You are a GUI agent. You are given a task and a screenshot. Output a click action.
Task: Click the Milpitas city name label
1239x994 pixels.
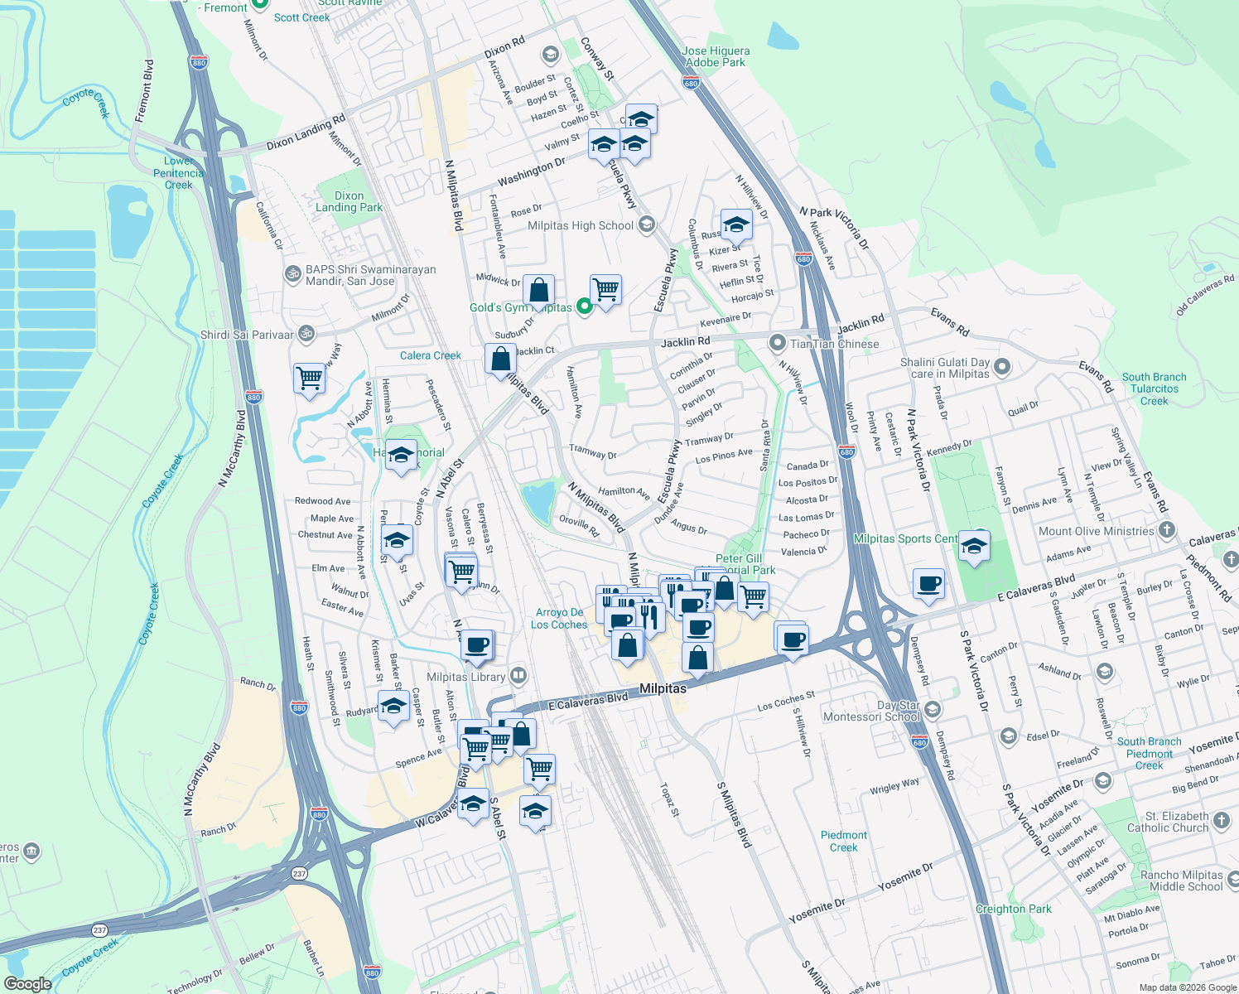click(663, 688)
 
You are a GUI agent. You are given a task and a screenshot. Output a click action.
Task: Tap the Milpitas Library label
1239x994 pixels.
click(465, 677)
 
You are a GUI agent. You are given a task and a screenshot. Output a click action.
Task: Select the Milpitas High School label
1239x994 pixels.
click(581, 225)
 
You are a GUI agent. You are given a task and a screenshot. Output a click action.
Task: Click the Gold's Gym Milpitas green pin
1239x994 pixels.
click(584, 307)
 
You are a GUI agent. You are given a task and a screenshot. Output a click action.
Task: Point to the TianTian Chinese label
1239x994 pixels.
click(834, 344)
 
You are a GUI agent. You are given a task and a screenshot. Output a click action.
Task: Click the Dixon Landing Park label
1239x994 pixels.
click(349, 202)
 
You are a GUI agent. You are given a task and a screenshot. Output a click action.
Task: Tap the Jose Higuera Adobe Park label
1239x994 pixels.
click(716, 56)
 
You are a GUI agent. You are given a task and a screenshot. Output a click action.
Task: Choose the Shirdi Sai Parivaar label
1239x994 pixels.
click(247, 335)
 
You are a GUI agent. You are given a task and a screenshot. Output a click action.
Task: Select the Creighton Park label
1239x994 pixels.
click(1013, 909)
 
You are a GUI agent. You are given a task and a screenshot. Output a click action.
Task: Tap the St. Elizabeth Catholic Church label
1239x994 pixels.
click(1168, 822)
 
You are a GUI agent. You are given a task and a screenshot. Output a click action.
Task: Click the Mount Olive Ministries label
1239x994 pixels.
click(1096, 531)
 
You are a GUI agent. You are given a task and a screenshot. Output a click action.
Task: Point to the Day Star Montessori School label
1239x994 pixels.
click(871, 712)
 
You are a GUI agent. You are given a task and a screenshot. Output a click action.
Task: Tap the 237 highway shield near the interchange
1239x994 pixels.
click(299, 872)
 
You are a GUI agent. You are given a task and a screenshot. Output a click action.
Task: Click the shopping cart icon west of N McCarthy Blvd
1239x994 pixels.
click(310, 379)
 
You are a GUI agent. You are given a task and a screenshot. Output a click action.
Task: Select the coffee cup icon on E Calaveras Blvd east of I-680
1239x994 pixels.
click(929, 583)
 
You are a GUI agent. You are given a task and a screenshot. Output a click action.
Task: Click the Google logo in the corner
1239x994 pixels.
click(28, 984)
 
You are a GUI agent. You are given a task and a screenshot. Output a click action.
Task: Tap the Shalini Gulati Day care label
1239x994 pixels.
click(944, 368)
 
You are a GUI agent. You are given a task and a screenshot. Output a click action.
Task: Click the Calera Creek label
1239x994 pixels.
click(431, 355)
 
